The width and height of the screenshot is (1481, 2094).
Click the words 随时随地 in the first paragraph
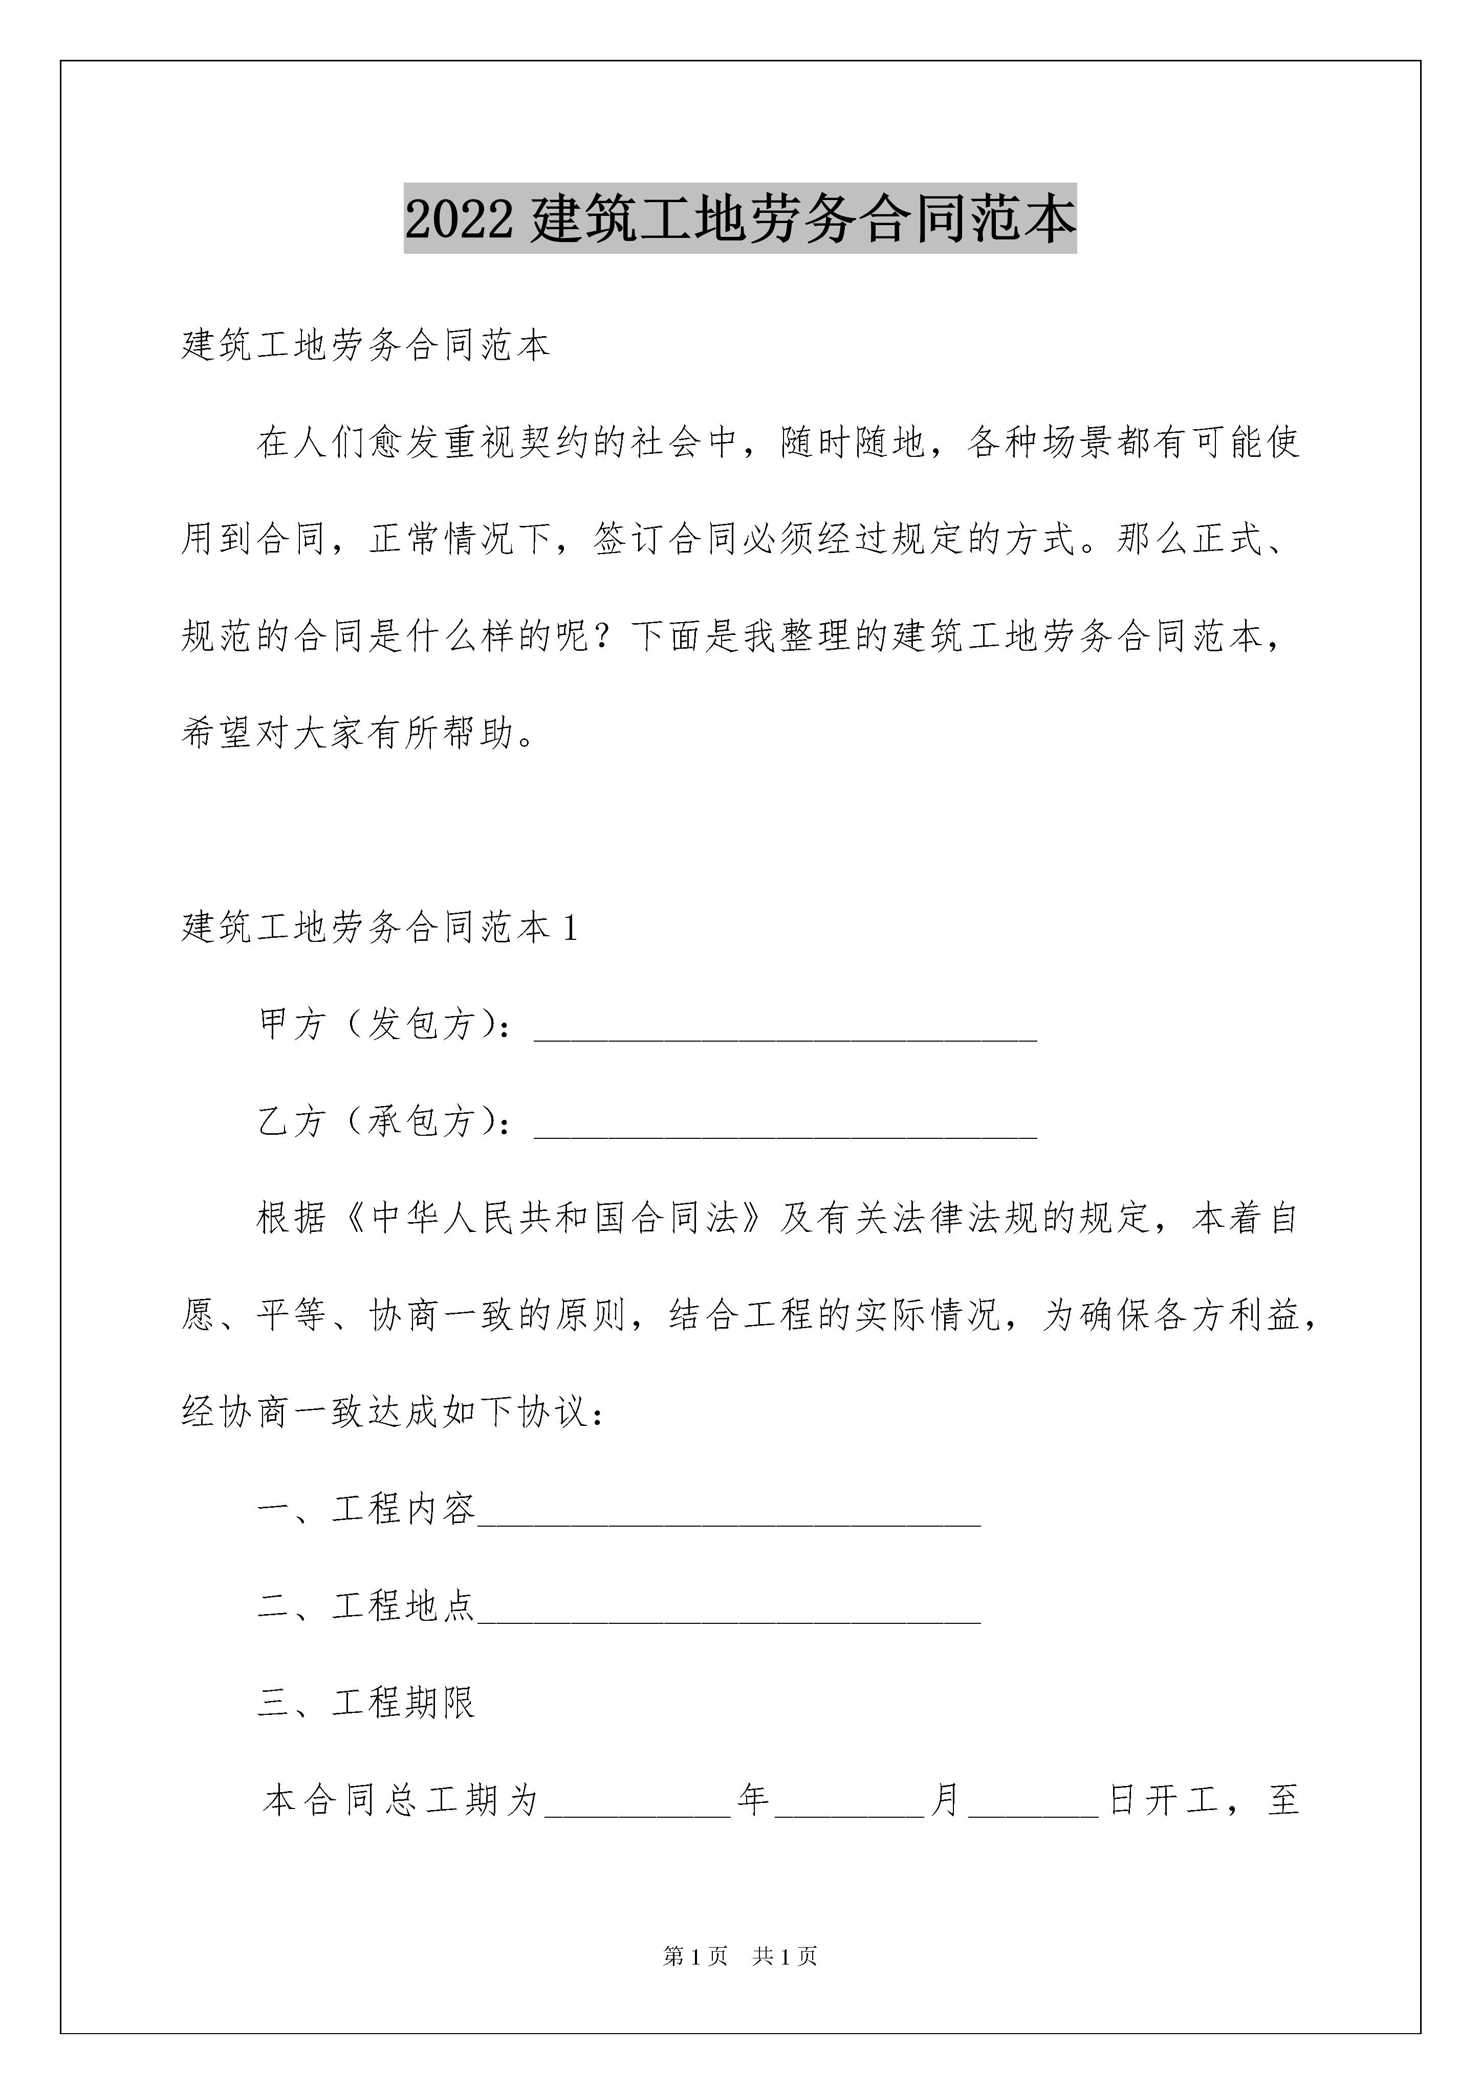pyautogui.click(x=853, y=443)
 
